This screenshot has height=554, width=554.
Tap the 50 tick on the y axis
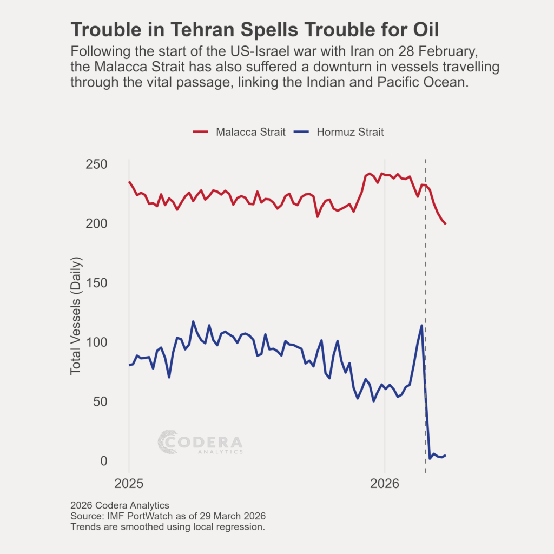pos(100,402)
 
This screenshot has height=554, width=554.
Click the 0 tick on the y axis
pos(103,461)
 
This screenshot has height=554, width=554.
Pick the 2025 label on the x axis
pos(129,483)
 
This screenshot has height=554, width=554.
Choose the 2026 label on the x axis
pos(385,483)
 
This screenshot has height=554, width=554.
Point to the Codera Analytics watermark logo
pos(200,442)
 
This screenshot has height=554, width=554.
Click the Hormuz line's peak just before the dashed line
pos(421,325)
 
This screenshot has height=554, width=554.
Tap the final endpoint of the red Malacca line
pos(445,223)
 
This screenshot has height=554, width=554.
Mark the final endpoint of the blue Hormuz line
pos(445,456)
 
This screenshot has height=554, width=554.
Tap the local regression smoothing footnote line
pos(168,526)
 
